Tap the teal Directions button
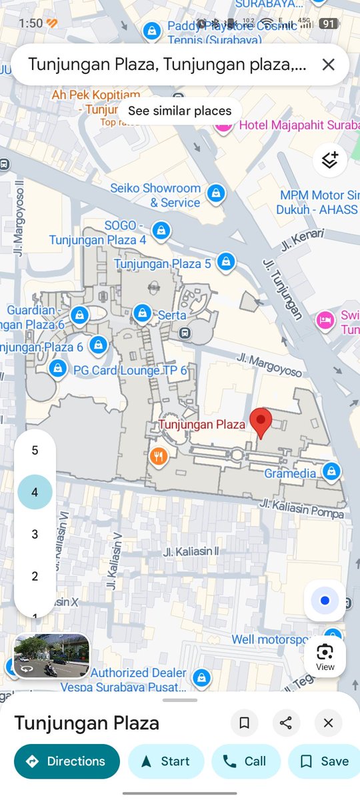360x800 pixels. (x=67, y=761)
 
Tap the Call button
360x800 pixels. (x=245, y=761)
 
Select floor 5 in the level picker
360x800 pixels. (x=35, y=451)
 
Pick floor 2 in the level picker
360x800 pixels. (x=35, y=576)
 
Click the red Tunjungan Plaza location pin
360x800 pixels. (x=261, y=423)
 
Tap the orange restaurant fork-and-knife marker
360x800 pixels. (x=158, y=457)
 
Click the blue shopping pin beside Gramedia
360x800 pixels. (x=331, y=471)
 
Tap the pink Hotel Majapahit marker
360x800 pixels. (x=223, y=125)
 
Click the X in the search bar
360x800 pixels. (x=328, y=65)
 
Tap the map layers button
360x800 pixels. (x=329, y=160)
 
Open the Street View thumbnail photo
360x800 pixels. (x=51, y=655)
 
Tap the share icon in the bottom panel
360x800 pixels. (x=286, y=723)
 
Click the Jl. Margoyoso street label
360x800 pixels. (x=270, y=364)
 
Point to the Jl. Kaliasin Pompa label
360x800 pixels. (x=302, y=509)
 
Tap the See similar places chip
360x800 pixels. (x=179, y=111)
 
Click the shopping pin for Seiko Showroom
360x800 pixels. (x=215, y=194)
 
